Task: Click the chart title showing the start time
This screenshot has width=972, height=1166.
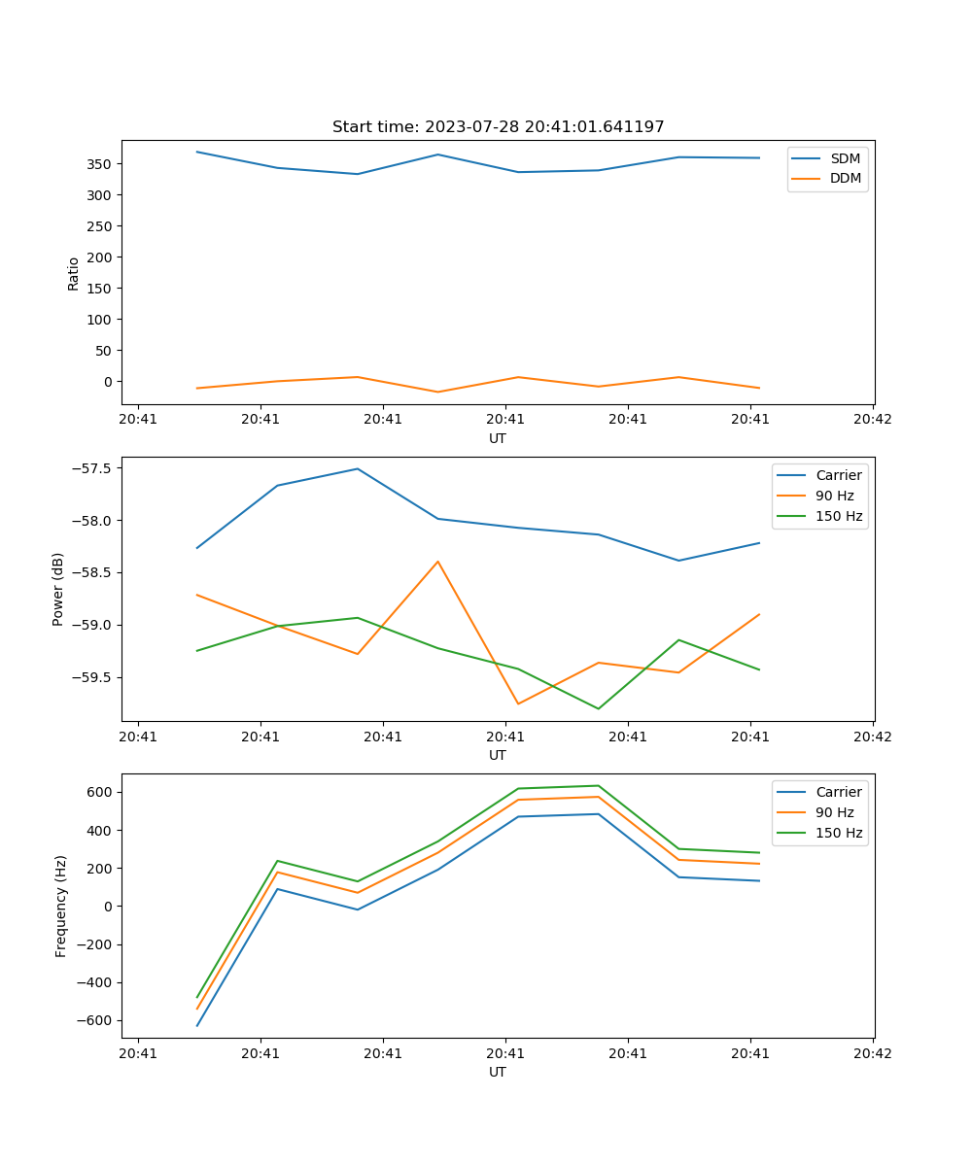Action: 498,127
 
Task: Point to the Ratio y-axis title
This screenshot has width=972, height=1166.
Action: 74,273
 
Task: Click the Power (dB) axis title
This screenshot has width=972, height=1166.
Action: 58,589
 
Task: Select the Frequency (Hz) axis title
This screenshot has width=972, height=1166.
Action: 60,906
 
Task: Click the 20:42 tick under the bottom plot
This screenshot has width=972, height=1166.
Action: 872,1053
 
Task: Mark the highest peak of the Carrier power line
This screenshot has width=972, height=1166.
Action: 357,468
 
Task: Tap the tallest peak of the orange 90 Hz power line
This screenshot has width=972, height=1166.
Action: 437,562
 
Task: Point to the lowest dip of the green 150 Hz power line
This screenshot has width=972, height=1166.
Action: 598,708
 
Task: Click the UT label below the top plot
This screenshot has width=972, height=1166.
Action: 498,438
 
